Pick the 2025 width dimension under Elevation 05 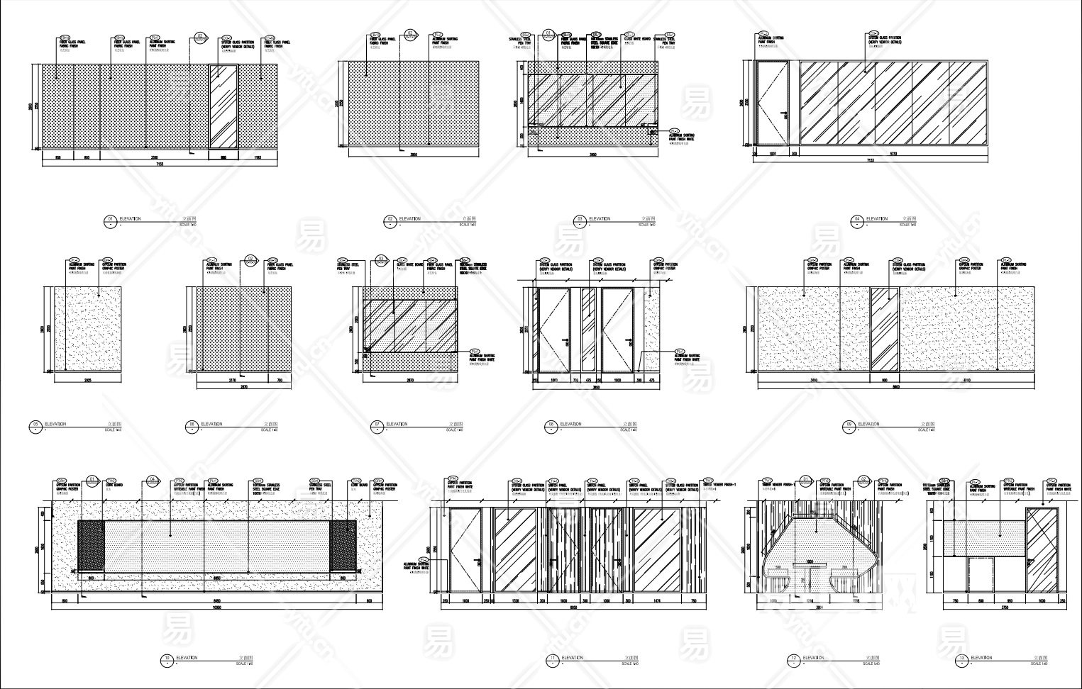(x=89, y=381)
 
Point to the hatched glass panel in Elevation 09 (x=885, y=328)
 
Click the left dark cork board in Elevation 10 (x=89, y=545)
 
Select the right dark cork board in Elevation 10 (x=343, y=545)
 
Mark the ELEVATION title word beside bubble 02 (x=410, y=219)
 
